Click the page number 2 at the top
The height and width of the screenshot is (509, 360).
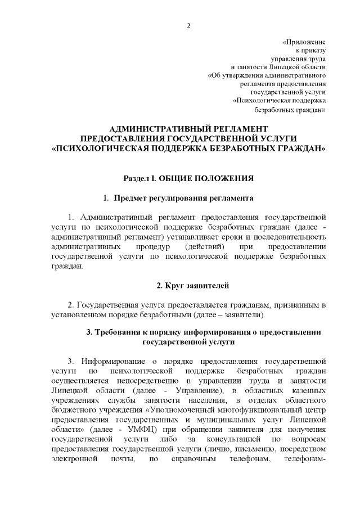point(188,25)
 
